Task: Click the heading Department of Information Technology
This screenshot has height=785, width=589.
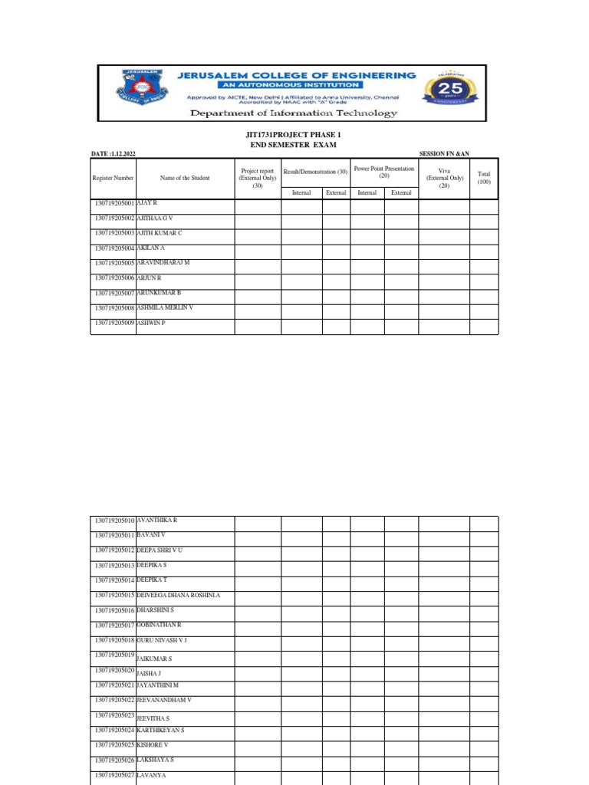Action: pyautogui.click(x=294, y=113)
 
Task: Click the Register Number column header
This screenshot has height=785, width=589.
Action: pyautogui.click(x=114, y=178)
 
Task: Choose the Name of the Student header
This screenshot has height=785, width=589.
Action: pyautogui.click(x=185, y=178)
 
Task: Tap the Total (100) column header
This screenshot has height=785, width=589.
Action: pyautogui.click(x=484, y=178)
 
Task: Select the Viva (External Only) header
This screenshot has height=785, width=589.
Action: pyautogui.click(x=444, y=178)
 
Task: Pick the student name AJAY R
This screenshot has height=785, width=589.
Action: pyautogui.click(x=146, y=203)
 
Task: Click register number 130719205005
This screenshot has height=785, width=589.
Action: pyautogui.click(x=114, y=263)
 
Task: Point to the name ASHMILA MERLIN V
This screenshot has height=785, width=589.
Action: pyautogui.click(x=165, y=307)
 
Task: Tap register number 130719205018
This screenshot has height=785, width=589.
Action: pyautogui.click(x=114, y=640)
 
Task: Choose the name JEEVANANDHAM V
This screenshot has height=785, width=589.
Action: pyautogui.click(x=164, y=701)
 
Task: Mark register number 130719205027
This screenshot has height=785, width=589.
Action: pyautogui.click(x=114, y=776)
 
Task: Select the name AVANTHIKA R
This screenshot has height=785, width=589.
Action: pyautogui.click(x=156, y=521)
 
